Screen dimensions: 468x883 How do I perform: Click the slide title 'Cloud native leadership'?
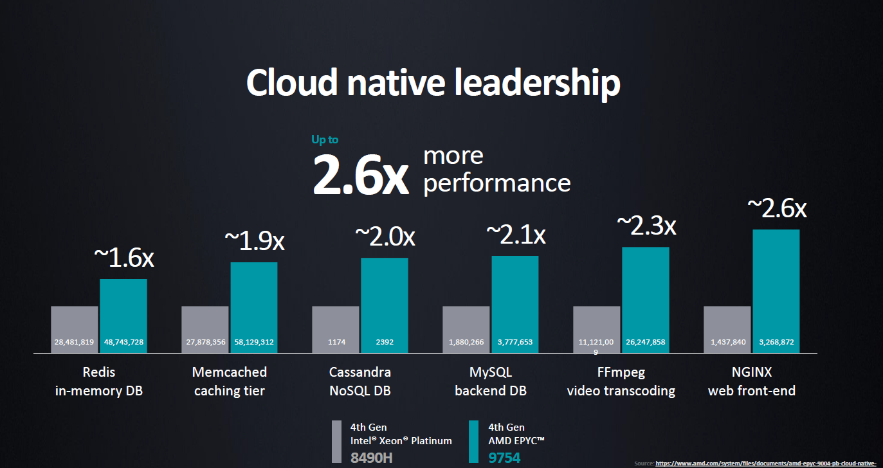click(x=433, y=83)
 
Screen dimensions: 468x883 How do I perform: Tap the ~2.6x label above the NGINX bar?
click(x=776, y=208)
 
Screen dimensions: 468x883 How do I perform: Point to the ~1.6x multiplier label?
click(x=124, y=257)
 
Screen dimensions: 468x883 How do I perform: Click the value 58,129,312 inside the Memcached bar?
click(x=254, y=342)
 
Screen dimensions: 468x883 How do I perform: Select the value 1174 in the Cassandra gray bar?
click(x=335, y=342)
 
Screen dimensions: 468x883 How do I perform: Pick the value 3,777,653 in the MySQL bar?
click(x=515, y=342)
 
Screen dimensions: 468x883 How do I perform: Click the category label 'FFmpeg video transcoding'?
click(x=621, y=381)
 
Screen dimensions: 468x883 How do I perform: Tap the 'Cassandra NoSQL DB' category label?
click(x=360, y=381)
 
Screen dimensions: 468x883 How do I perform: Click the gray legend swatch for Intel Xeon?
click(x=336, y=442)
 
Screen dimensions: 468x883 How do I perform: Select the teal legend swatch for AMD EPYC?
click(x=474, y=442)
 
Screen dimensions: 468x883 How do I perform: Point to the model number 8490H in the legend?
click(x=372, y=458)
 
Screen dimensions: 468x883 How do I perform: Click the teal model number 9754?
click(x=504, y=458)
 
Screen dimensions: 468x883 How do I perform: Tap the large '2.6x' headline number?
click(x=360, y=175)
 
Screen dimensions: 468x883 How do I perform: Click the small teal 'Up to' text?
click(x=324, y=139)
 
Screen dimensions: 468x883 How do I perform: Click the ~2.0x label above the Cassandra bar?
click(x=385, y=237)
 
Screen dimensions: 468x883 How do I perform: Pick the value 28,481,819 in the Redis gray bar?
click(x=75, y=342)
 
